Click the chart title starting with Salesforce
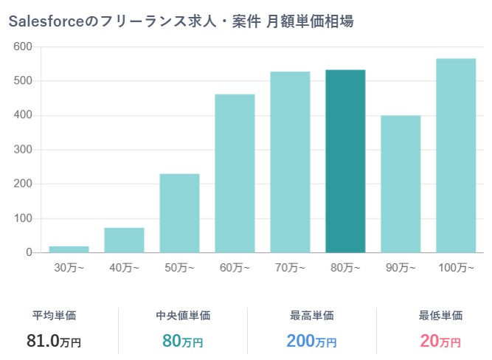click(181, 21)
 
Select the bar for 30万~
click(69, 249)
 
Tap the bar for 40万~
click(124, 240)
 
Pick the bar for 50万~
click(179, 213)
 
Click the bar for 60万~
click(235, 173)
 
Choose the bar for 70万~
click(290, 162)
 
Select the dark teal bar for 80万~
click(345, 161)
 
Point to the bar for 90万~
click(401, 184)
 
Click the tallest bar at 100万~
click(456, 156)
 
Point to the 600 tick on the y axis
click(23, 46)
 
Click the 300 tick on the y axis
click(23, 150)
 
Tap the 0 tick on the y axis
click(29, 253)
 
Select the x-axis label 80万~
click(345, 268)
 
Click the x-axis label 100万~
click(456, 268)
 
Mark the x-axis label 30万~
click(69, 268)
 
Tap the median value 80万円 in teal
click(182, 341)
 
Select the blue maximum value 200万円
click(311, 341)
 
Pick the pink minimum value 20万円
click(440, 341)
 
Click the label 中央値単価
click(183, 316)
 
